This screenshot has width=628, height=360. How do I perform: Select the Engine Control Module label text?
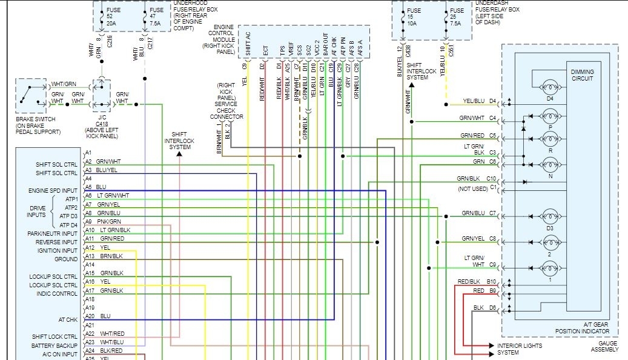(221, 39)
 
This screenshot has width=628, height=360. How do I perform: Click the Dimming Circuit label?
(583, 75)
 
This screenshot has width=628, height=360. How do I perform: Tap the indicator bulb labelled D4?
(550, 86)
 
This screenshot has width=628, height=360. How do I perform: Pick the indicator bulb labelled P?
(550, 116)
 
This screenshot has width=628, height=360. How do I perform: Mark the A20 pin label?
(89, 316)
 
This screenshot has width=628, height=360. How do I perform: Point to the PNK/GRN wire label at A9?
(109, 222)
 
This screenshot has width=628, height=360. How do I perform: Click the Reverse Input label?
(58, 242)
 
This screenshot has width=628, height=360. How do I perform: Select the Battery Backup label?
(55, 345)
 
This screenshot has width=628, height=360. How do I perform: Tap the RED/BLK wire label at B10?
(468, 282)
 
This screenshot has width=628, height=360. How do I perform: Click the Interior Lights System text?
(520, 349)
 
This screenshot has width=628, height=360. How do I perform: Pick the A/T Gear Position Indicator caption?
(582, 328)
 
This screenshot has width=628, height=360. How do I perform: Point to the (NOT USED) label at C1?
(473, 188)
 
